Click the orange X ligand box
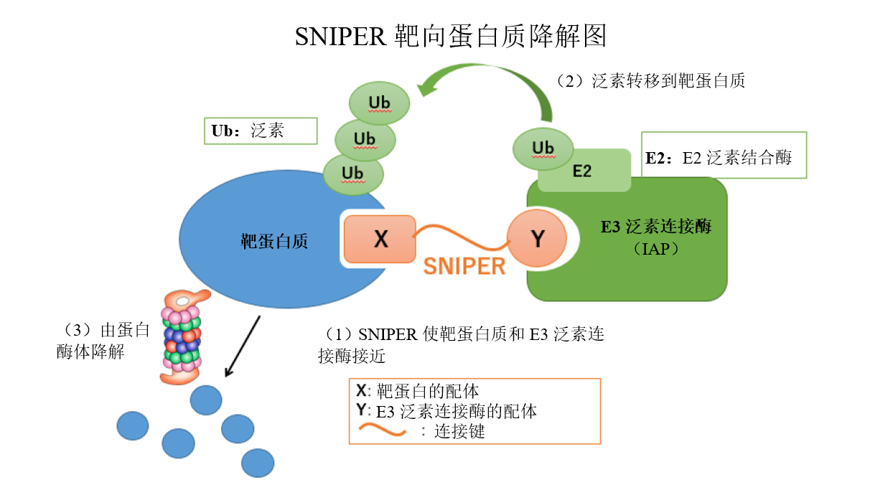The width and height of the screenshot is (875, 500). coord(380,239)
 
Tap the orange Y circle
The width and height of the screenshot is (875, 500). coord(537,239)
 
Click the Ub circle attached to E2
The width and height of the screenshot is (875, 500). coord(543,148)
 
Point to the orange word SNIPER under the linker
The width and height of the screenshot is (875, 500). coord(464,266)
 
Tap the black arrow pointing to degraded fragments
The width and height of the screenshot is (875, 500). coord(243,346)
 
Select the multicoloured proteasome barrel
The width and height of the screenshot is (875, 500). coord(183,337)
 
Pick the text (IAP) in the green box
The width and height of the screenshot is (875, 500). coord(654,249)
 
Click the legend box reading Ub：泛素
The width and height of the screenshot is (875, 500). coord(260,131)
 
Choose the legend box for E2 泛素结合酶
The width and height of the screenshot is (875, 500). coord(724,155)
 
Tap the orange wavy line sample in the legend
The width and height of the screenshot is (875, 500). coord(380,430)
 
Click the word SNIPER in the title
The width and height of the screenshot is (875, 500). coord(341,36)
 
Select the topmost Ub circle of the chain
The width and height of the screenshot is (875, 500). coord(379,103)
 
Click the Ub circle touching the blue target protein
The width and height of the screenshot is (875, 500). coord(352,174)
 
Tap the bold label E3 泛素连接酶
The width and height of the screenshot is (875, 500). coord(655,227)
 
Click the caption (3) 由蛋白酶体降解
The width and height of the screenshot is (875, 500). coord(104,341)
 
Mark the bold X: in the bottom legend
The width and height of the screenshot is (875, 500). coord(363,391)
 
